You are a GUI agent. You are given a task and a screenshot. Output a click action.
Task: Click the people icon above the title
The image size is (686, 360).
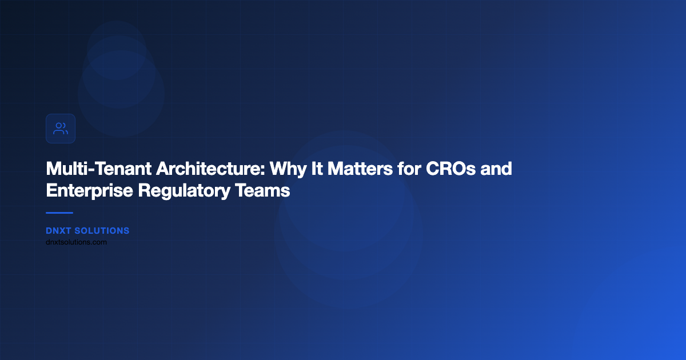[61, 129]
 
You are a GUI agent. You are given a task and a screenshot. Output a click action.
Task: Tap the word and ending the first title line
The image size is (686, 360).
[496, 170]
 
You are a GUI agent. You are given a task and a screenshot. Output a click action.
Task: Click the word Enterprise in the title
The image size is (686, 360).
[89, 191]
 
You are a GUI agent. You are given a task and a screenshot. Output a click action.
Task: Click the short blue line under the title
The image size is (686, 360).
[59, 213]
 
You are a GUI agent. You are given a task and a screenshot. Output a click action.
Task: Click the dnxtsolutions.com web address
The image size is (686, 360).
[76, 242]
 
